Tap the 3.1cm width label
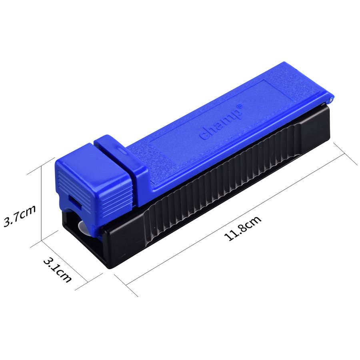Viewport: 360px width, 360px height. coord(57,270)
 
